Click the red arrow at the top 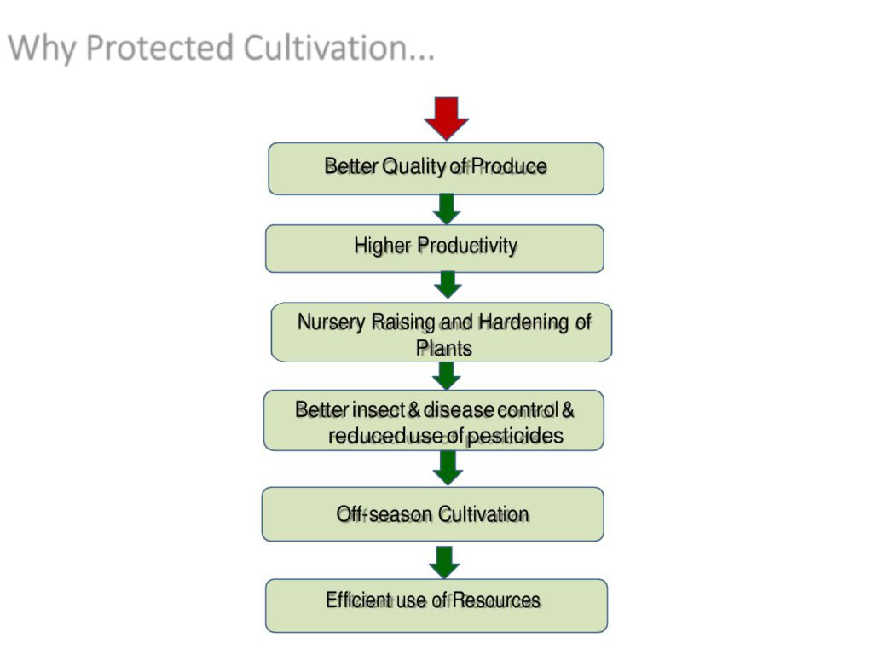click(447, 118)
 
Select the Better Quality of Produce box click(436, 169)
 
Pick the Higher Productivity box click(435, 248)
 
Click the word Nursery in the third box click(332, 322)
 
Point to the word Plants click(444, 349)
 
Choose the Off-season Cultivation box click(432, 514)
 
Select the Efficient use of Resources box click(436, 606)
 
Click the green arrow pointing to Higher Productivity click(447, 209)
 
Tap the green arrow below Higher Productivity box click(448, 285)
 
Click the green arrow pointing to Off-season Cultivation click(448, 468)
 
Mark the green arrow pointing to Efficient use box click(444, 563)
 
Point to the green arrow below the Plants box click(447, 375)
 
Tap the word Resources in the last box click(497, 600)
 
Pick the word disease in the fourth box click(460, 410)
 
